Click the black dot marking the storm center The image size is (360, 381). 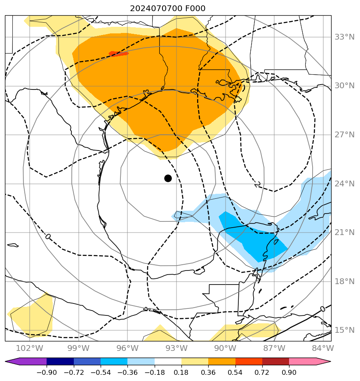pos(168,178)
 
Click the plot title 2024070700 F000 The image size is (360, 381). pos(167,9)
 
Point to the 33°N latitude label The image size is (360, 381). pos(344,37)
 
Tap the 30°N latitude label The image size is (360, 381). pos(344,86)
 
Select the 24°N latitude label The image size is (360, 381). pos(344,184)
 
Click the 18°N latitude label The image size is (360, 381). pos(344,282)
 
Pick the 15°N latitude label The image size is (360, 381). pos(344,330)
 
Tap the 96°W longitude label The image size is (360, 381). pos(127,348)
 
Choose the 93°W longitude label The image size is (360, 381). pos(176,348)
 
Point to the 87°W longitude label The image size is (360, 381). pos(274,348)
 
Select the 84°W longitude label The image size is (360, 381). pos(323,348)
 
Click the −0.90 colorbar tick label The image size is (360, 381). pos(47,373)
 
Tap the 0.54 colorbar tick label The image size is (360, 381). pos(235,373)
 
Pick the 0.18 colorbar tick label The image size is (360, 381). pos(181,373)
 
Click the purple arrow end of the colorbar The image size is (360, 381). pos(12,361)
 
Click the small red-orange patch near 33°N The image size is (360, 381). pos(119,54)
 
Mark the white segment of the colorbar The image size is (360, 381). pos(168,361)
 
